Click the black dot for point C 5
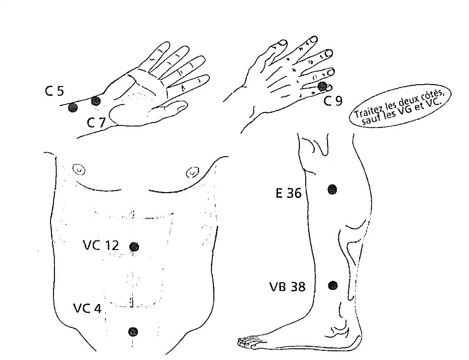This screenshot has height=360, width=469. (x=73, y=108)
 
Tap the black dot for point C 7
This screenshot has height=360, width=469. (x=96, y=101)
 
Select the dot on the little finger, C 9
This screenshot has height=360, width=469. (x=322, y=86)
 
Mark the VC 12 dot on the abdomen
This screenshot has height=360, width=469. (x=134, y=247)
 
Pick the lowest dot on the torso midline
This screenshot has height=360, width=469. (x=133, y=332)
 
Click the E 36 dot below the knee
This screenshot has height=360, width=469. (x=332, y=189)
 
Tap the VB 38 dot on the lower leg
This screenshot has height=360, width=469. (x=333, y=285)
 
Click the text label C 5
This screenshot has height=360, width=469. (x=54, y=91)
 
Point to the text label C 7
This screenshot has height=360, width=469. (x=96, y=123)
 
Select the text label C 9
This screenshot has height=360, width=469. (x=333, y=101)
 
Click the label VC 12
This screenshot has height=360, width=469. (x=101, y=245)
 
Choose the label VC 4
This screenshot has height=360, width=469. (x=87, y=308)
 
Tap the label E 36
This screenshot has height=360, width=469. (x=288, y=194)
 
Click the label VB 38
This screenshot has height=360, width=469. (x=287, y=287)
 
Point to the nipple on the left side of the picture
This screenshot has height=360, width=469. (x=78, y=170)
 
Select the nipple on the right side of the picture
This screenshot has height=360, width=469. (x=192, y=172)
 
